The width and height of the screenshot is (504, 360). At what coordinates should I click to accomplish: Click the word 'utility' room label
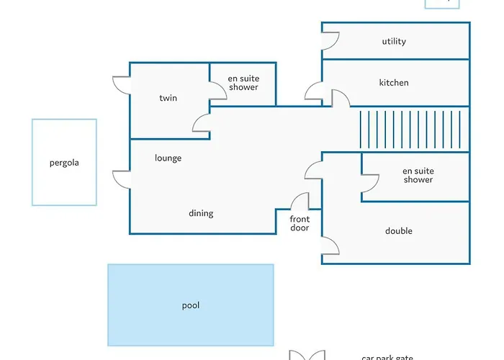[x=394, y=42]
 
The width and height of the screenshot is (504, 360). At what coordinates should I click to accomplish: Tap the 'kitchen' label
[x=394, y=83]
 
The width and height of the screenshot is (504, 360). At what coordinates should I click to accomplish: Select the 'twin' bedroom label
[x=168, y=98]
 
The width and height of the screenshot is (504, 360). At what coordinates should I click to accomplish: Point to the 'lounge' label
[x=168, y=158]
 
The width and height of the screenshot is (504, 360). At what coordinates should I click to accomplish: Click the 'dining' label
[x=201, y=213]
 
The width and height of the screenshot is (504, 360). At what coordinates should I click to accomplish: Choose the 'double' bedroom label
[x=399, y=231]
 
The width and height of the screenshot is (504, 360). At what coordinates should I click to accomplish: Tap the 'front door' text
[x=300, y=223]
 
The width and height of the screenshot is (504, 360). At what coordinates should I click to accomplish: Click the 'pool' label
[x=191, y=305]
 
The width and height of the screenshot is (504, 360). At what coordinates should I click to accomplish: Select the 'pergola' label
[x=64, y=163]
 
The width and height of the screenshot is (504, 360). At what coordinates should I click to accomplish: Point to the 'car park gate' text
[x=387, y=356]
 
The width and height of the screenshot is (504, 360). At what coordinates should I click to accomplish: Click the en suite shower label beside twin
[x=243, y=83]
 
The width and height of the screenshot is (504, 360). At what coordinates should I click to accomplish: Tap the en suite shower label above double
[x=418, y=175]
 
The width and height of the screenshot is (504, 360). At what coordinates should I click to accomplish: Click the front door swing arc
[x=301, y=202]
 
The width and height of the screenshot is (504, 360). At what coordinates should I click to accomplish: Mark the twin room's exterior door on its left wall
[x=122, y=84]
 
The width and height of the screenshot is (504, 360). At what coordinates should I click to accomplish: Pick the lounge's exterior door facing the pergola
[x=122, y=180]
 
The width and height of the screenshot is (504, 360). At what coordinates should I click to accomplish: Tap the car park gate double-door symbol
[x=306, y=355]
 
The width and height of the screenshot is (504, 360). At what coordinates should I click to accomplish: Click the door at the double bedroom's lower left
[x=330, y=246]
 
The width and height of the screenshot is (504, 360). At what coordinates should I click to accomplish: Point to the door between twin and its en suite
[x=217, y=91]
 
